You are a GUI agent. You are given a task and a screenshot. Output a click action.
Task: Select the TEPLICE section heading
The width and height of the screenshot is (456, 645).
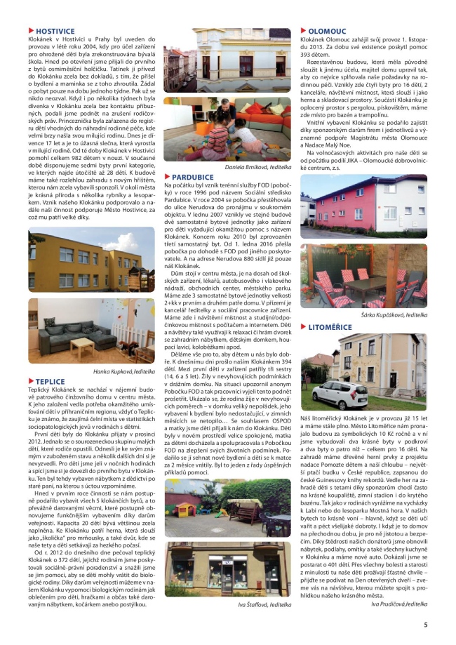coord(51,382)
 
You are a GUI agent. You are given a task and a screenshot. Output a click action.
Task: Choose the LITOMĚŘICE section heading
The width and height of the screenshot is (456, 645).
coord(331,327)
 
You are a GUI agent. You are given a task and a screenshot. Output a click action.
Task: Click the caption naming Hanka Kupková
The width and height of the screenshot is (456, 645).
coord(124,371)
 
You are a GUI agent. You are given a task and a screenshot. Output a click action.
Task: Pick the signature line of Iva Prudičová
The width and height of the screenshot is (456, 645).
coord(398,603)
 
